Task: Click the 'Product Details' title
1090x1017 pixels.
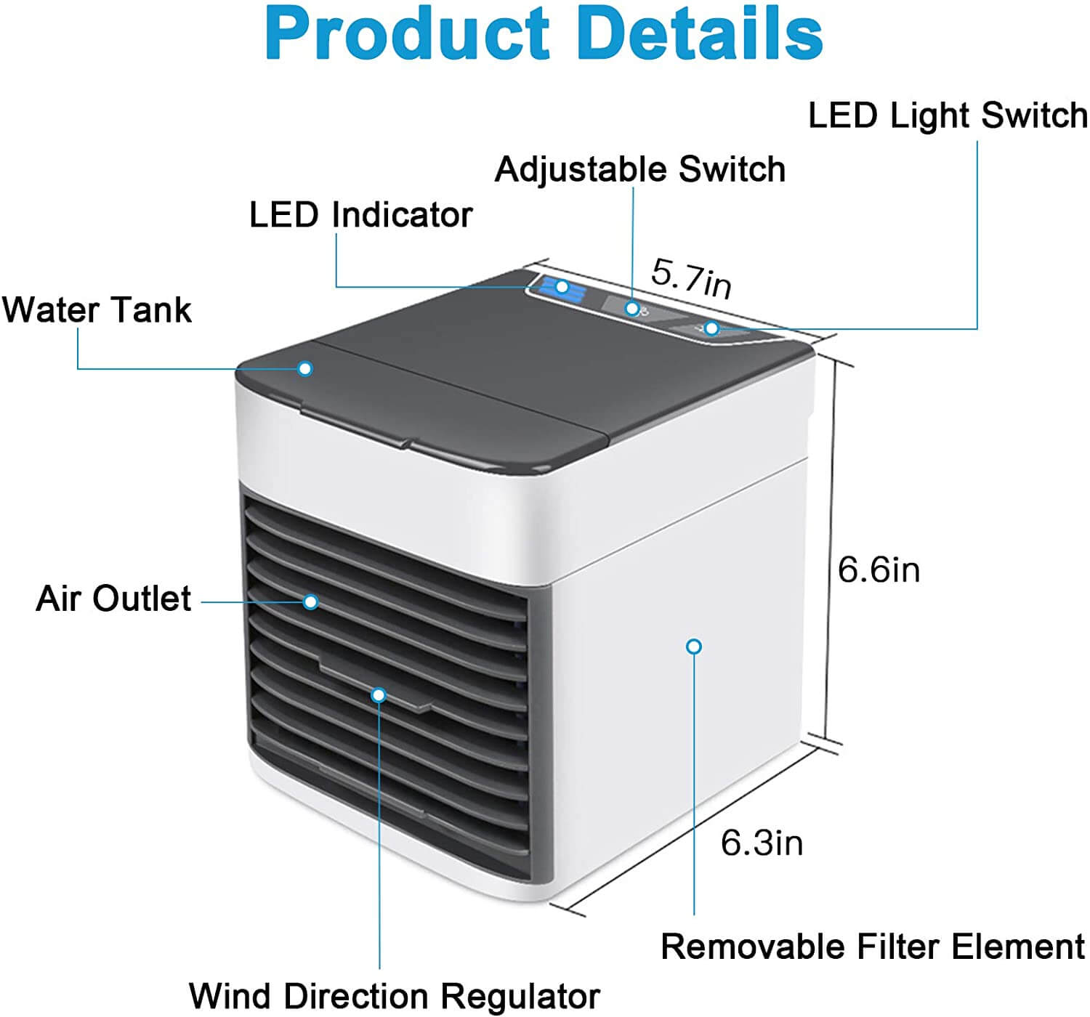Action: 544,34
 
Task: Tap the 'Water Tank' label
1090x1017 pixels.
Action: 97,310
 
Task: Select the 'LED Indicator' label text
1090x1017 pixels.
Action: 360,215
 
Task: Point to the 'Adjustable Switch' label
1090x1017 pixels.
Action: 639,169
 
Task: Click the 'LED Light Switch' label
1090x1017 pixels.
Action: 948,116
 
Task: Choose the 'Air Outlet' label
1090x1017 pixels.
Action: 113,599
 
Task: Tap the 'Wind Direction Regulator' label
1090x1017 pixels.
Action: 395,995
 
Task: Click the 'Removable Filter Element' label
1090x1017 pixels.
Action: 873,947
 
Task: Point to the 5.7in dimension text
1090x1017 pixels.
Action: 690,277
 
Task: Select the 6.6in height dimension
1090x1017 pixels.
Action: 879,570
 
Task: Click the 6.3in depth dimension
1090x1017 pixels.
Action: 762,843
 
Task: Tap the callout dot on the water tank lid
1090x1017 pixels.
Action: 306,368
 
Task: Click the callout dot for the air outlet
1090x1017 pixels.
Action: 311,601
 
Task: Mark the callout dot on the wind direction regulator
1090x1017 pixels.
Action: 378,695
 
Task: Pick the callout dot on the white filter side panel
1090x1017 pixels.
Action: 694,646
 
